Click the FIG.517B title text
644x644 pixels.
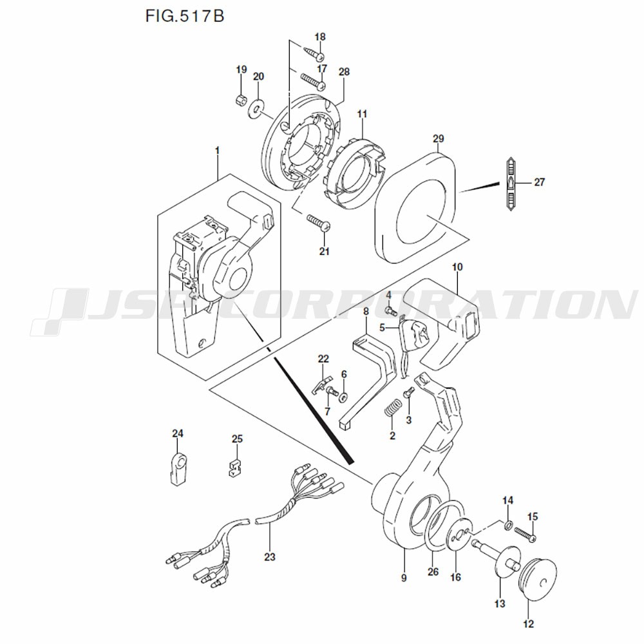tap(184, 16)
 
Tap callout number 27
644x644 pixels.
tap(539, 182)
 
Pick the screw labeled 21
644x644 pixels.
tap(318, 222)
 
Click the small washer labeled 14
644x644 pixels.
tap(507, 525)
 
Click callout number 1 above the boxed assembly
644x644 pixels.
tap(217, 150)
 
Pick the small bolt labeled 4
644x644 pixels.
tap(390, 310)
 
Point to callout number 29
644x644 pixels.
tap(439, 138)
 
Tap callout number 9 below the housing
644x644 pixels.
tap(404, 578)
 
